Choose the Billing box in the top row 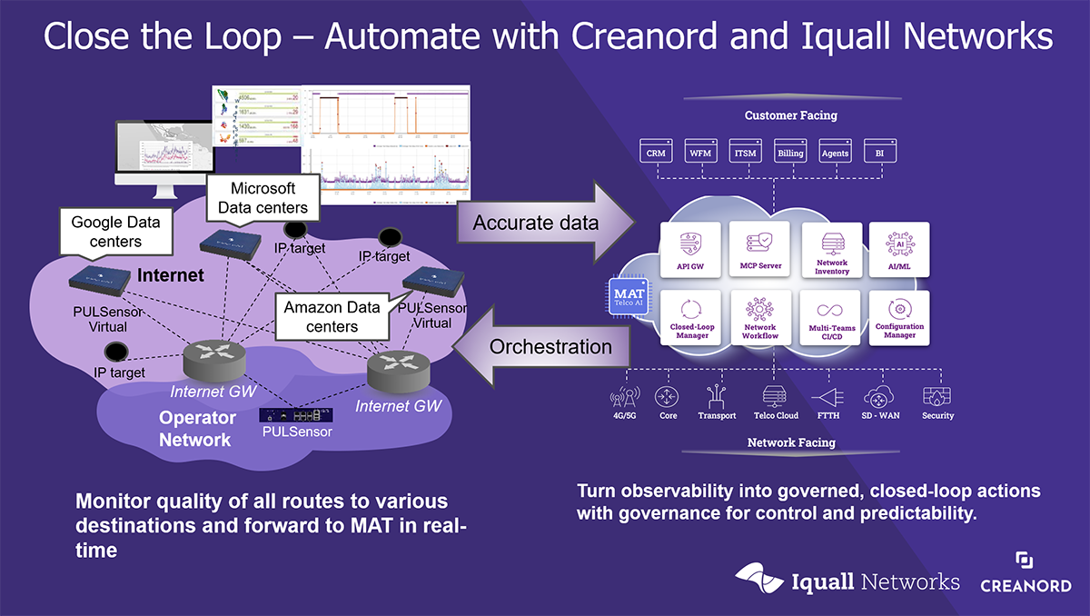[x=789, y=152]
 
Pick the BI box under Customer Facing [x=879, y=152]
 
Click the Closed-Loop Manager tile [x=693, y=318]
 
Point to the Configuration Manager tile [x=899, y=318]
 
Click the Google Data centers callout [x=106, y=231]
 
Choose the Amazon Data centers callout [x=332, y=316]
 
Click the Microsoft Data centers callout [x=263, y=197]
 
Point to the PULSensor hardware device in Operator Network [x=295, y=414]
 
